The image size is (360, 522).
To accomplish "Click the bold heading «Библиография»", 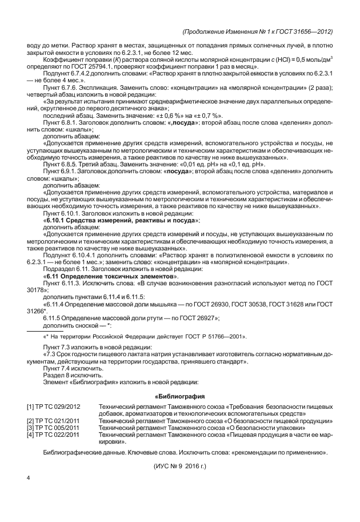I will coord(180,395).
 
